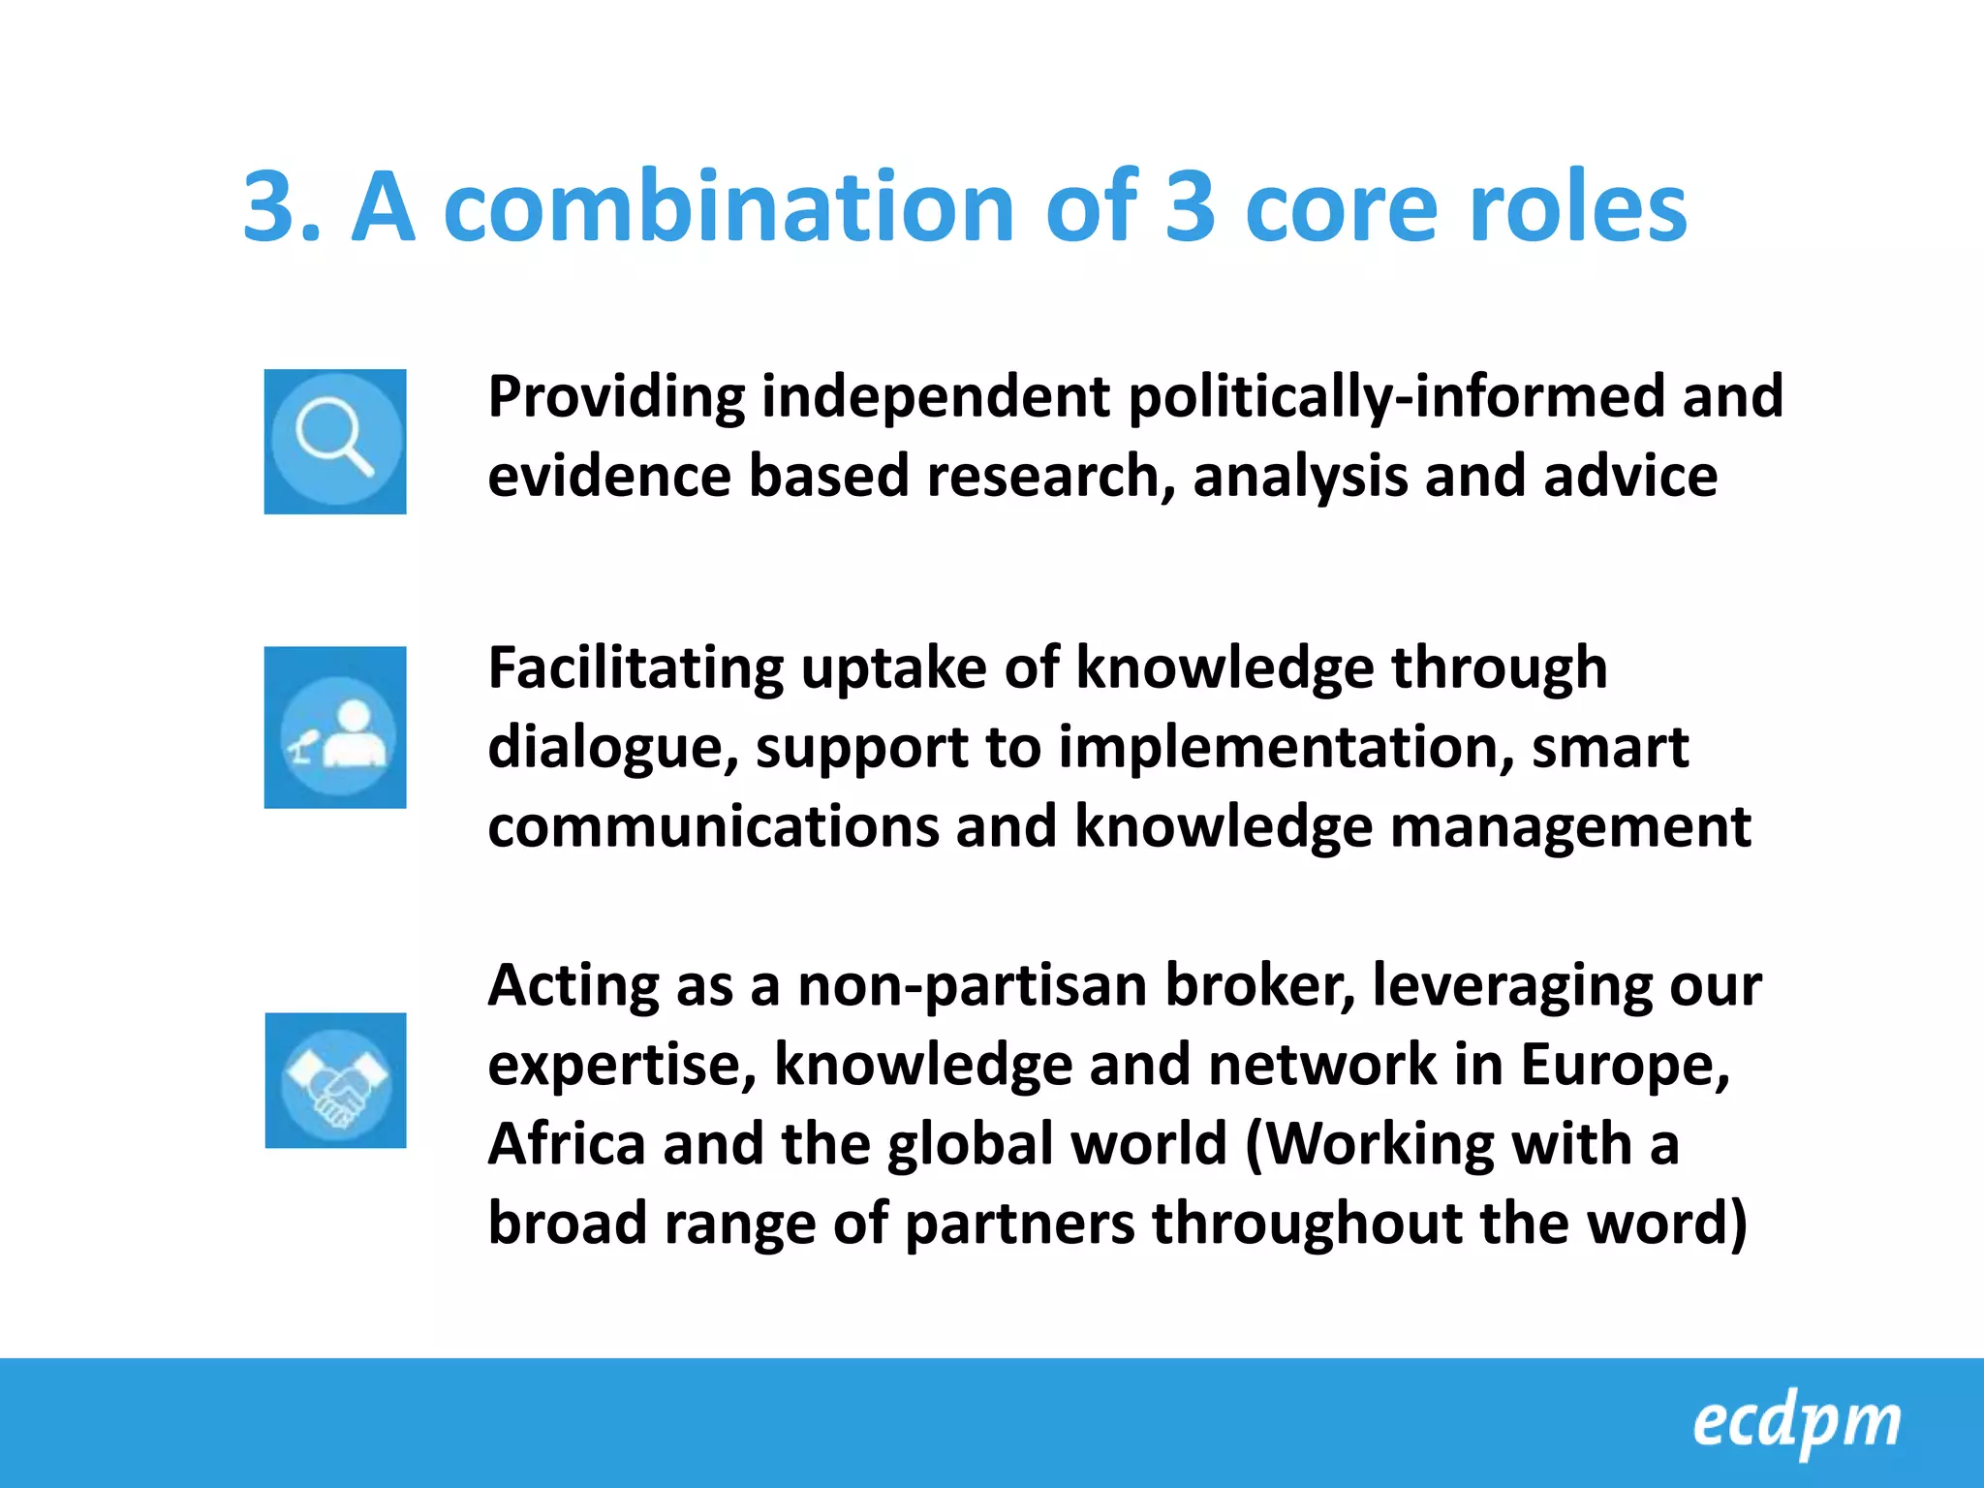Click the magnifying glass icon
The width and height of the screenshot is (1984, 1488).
coord(335,441)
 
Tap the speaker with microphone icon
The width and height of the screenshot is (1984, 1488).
coord(335,728)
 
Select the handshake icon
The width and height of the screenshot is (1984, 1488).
coord(335,1080)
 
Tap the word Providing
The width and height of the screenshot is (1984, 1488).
coord(616,397)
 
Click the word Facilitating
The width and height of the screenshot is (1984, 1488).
coord(635,668)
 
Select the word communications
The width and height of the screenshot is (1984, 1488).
coord(713,827)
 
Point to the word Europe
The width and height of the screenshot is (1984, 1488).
coord(1624,1066)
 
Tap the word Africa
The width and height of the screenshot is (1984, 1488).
coord(567,1145)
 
